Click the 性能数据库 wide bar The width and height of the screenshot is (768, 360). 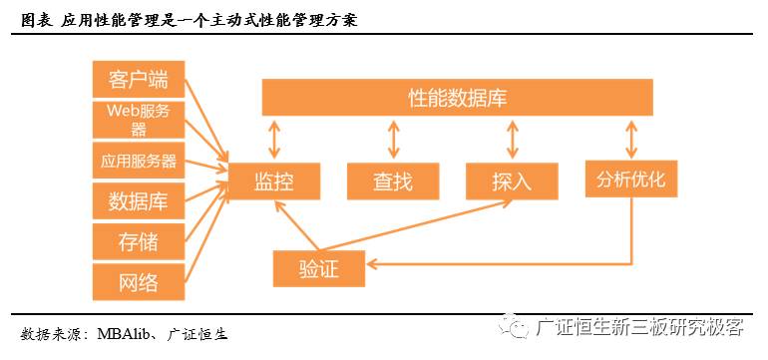[458, 98]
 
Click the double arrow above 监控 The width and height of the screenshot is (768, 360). [273, 139]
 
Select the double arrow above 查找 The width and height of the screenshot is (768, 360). [393, 139]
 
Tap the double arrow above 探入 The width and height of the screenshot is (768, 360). [513, 139]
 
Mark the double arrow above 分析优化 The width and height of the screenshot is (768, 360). [630, 139]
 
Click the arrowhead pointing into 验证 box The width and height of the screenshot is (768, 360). [372, 264]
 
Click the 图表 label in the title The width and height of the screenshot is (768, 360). [36, 19]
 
